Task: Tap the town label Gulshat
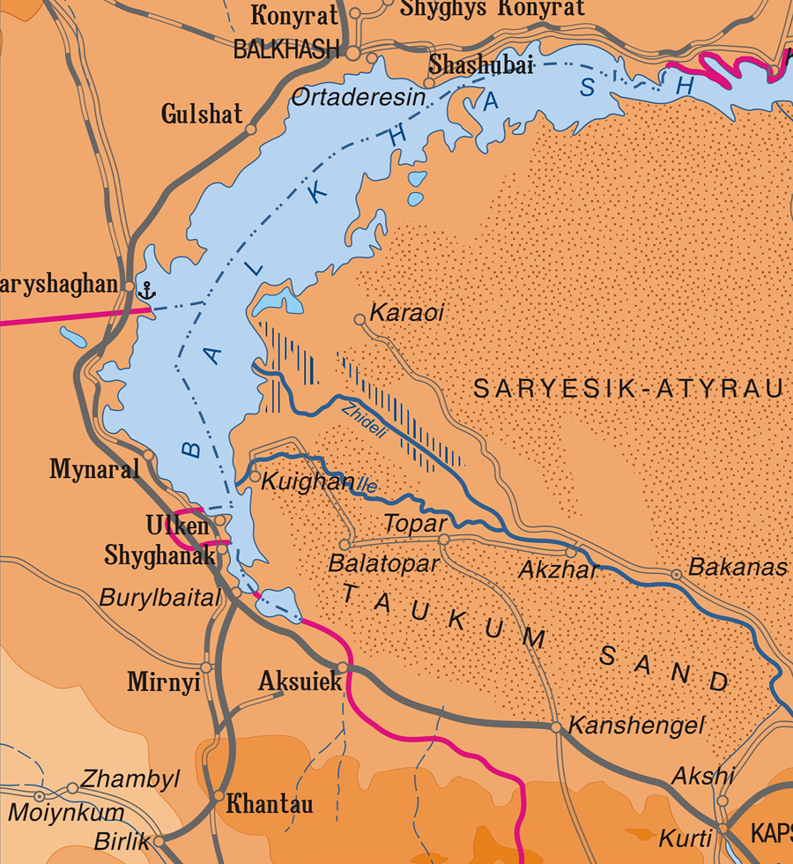point(202,114)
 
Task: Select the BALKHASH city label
point(286,50)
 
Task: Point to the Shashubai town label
point(481,64)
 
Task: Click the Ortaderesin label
point(358,96)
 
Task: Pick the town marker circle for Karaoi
point(359,319)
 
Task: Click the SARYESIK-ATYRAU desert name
point(628,389)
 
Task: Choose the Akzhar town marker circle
point(571,552)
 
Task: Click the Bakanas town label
point(737,568)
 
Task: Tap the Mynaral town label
point(94,469)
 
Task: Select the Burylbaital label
point(159,598)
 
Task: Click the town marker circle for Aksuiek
point(343,667)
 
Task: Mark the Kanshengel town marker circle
point(556,727)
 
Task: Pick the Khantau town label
point(270,804)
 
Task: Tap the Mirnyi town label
point(163,682)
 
